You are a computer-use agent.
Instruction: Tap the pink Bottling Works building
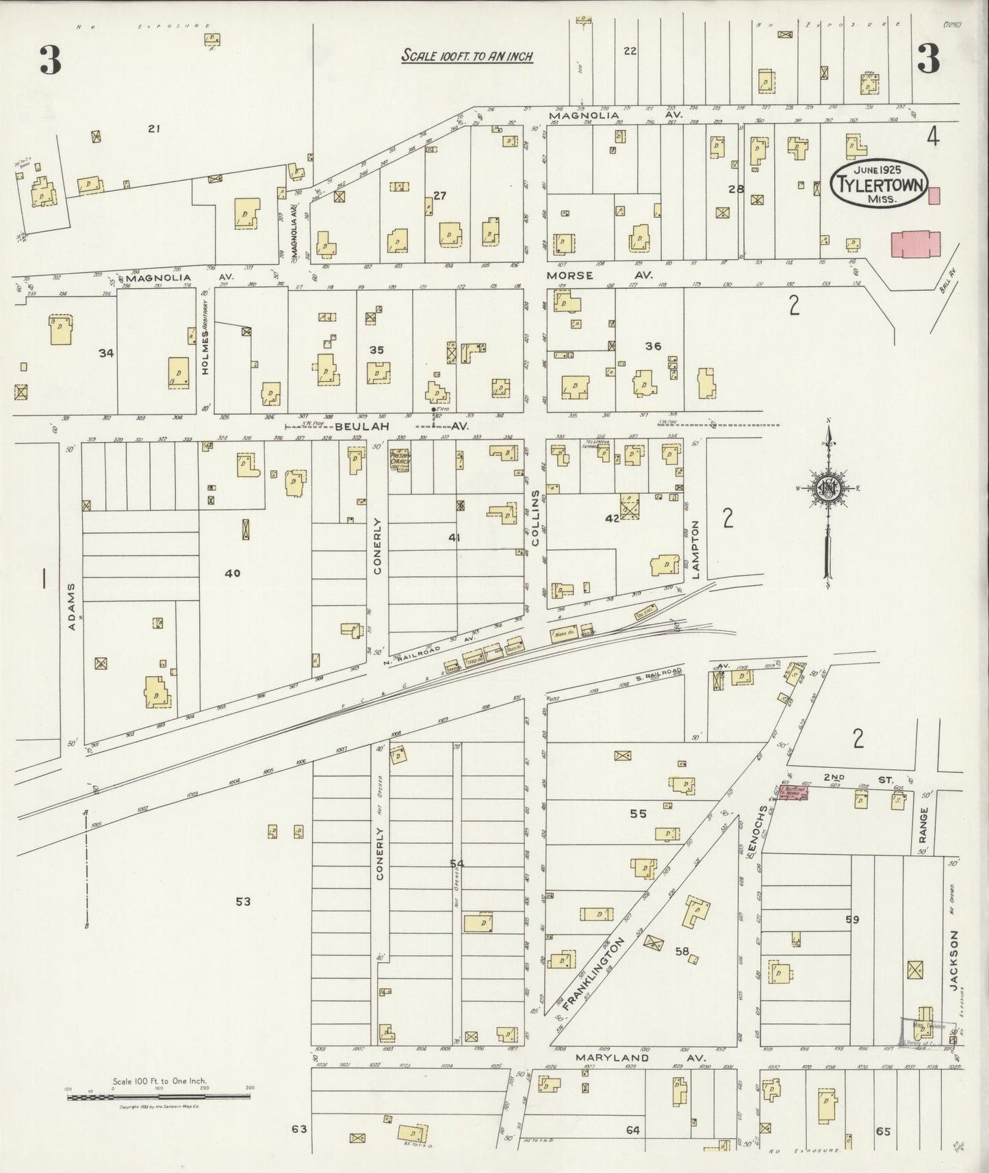click(x=792, y=792)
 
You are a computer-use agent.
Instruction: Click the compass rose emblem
click(x=827, y=487)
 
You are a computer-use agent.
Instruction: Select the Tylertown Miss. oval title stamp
click(x=878, y=182)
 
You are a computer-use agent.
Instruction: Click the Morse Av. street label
click(x=599, y=274)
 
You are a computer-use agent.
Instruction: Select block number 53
click(x=243, y=901)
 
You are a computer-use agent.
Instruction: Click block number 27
click(x=439, y=196)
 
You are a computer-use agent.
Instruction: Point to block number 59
click(x=851, y=920)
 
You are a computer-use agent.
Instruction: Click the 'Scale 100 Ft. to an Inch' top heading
click(x=467, y=56)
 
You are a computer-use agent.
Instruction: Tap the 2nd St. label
click(x=836, y=777)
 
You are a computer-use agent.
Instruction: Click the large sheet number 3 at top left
click(x=50, y=61)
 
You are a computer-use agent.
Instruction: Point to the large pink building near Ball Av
click(x=916, y=244)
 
